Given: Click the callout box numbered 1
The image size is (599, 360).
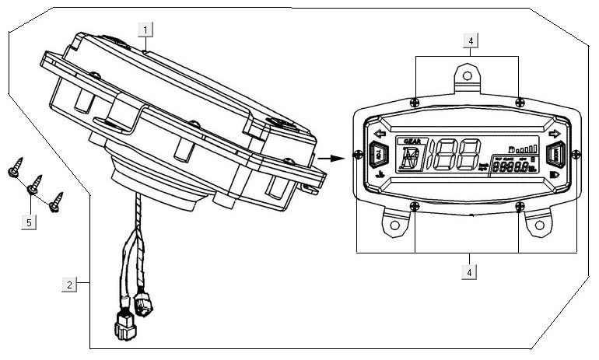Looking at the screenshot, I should pos(148,30).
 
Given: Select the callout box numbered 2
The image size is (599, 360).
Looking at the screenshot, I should pos(70,285).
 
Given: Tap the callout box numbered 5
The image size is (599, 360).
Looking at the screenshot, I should pos(30,222).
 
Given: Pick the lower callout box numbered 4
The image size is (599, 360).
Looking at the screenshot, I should pos(470,272).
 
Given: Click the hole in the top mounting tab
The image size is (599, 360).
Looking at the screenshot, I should pos(466,75).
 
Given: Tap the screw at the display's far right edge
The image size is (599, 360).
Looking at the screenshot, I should pos(574,152).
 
